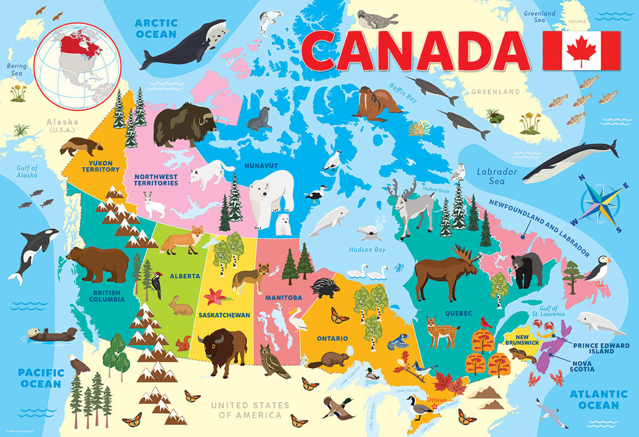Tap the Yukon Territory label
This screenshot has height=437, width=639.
101,165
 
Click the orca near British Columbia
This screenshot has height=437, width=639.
30,251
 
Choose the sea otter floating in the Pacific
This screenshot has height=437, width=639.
51,334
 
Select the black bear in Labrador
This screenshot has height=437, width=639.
527,268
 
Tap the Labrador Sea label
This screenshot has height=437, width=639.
496,176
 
